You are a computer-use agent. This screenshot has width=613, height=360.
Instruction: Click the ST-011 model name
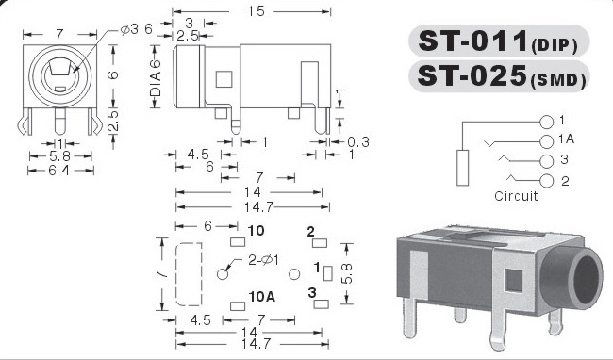tap(473, 41)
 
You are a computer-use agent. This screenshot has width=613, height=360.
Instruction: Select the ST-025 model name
tap(472, 75)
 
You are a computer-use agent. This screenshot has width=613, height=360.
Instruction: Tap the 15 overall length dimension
tap(257, 11)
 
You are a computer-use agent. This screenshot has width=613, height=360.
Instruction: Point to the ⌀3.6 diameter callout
tap(136, 29)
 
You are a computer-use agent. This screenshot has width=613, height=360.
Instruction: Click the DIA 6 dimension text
tap(156, 78)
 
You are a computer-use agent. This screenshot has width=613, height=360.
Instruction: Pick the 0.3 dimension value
tap(357, 142)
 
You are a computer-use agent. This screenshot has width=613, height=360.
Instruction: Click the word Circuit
tap(516, 196)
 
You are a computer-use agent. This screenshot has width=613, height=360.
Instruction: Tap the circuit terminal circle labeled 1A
tap(547, 141)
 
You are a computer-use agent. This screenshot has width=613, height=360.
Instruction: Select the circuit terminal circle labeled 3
tap(547, 161)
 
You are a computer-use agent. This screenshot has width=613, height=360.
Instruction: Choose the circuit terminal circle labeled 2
tap(547, 181)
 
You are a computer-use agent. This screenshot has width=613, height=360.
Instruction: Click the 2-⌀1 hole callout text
tap(263, 260)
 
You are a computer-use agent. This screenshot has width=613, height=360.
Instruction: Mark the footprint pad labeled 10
tap(238, 242)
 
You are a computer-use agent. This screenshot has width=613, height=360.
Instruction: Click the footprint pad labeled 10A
tap(238, 306)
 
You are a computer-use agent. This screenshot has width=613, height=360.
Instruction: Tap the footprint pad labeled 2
tap(320, 243)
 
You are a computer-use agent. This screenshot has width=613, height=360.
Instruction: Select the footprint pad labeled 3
tap(322, 303)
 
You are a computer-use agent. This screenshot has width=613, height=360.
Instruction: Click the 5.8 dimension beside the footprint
tap(347, 273)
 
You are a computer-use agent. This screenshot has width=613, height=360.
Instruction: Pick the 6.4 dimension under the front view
tap(59, 171)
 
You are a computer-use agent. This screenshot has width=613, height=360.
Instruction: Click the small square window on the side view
tap(224, 79)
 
